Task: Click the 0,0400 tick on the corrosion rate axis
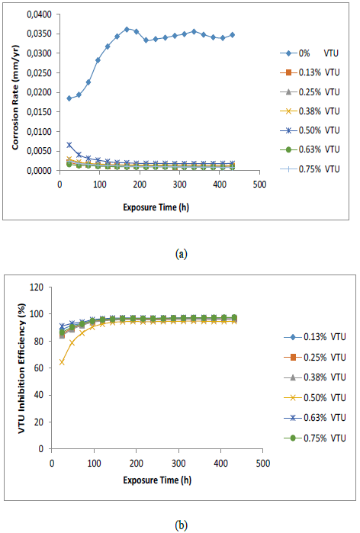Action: (40, 14)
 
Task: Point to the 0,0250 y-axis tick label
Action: (40, 73)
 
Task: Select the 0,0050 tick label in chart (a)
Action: (40, 151)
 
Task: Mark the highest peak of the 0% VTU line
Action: (127, 30)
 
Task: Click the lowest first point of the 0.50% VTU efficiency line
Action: (62, 362)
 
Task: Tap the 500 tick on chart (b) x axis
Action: (262, 463)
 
